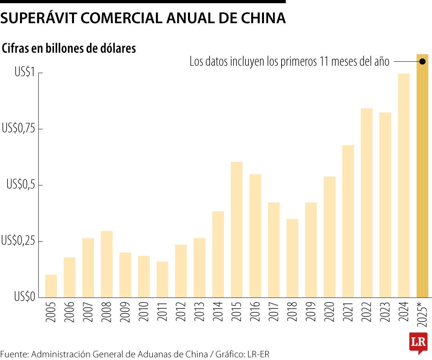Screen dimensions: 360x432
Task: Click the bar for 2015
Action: [x=237, y=230]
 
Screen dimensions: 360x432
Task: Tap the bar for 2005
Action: [x=51, y=286]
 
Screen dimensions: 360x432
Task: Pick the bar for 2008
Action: [x=106, y=264]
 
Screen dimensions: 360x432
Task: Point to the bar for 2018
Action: [x=292, y=258]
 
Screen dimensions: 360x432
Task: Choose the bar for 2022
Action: [x=367, y=203]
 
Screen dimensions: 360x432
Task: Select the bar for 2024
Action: [x=404, y=186]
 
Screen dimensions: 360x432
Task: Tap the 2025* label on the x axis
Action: [x=423, y=316]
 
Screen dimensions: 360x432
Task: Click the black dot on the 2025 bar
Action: [x=422, y=61]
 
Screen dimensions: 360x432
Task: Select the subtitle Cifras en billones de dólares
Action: [x=69, y=49]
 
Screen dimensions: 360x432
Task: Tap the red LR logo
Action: [x=418, y=342]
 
